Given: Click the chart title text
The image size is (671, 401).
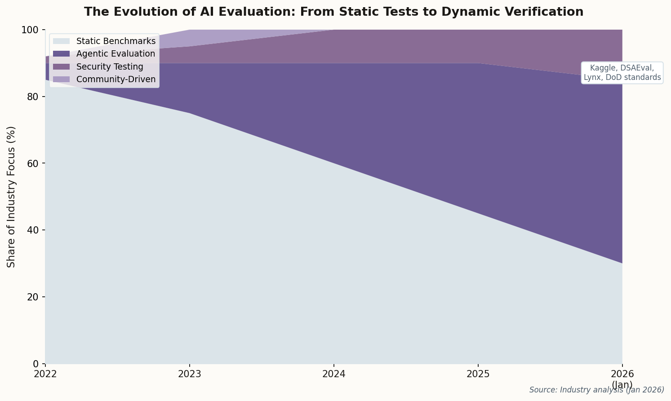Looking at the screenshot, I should coord(333,12).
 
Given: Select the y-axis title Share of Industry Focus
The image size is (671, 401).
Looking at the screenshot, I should coord(11,197).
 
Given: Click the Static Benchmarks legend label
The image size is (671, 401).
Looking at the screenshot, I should coord(116,41).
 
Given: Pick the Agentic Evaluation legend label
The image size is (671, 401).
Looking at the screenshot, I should coord(116,54).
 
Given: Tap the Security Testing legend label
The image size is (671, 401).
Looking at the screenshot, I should coord(110,67).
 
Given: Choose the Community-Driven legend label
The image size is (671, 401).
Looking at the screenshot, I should coord(116,79).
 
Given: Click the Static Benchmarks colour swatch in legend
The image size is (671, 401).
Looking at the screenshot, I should coord(62,41).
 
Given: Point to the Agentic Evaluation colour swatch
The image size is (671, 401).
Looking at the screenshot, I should coord(62,54).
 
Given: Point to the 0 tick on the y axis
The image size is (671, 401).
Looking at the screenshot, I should coord(36,364).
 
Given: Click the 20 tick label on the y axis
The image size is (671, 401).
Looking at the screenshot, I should coord(34,297).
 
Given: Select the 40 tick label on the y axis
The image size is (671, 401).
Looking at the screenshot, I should coord(34,230).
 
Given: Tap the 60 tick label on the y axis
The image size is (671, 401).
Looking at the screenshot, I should coord(34,163).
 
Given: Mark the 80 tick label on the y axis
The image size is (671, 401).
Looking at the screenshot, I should coord(34,97).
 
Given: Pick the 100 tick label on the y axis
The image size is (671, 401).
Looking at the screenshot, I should coord(31,30).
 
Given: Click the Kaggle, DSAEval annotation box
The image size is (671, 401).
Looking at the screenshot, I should coord(622,73).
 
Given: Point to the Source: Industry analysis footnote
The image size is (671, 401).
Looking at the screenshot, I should coord(596,390).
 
